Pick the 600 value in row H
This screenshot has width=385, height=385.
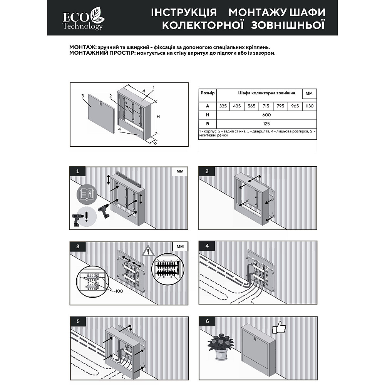pyautogui.click(x=266, y=115)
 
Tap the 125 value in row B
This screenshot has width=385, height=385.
pyautogui.click(x=266, y=124)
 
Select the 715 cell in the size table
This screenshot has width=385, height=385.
pyautogui.click(x=266, y=106)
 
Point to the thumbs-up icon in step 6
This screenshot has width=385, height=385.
pyautogui.click(x=279, y=328)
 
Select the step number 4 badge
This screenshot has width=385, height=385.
pyautogui.click(x=207, y=246)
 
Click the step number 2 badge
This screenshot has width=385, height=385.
pyautogui.click(x=207, y=171)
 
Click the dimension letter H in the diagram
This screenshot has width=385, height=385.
pyautogui.click(x=158, y=116)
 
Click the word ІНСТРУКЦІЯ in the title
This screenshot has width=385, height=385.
pyautogui.click(x=184, y=12)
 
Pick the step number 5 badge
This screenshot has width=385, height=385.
pyautogui.click(x=79, y=321)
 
